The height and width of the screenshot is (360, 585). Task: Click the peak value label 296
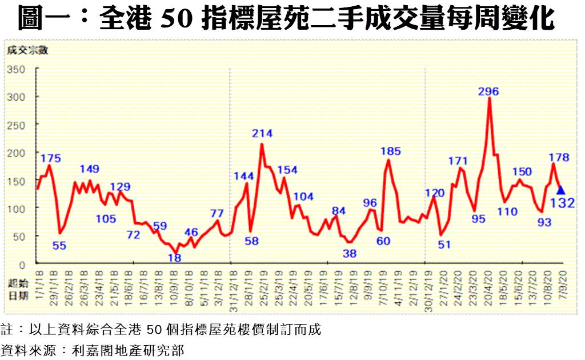[489, 91]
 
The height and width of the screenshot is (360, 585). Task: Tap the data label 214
[262, 134]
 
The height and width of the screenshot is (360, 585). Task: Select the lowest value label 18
[175, 258]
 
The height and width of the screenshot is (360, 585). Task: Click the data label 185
[390, 151]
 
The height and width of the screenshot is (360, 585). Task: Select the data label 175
[51, 158]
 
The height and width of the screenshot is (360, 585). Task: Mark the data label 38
[350, 253]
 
